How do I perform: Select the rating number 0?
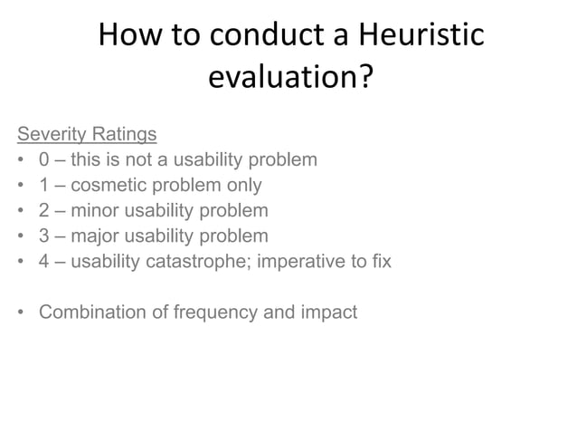pos(44,160)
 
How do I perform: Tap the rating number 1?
pos(44,186)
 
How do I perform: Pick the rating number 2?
pos(44,211)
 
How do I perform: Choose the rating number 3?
pos(44,236)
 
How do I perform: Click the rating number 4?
pos(44,262)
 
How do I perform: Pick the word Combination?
pos(94,313)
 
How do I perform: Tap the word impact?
pos(328,313)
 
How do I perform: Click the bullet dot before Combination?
pos(20,313)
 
